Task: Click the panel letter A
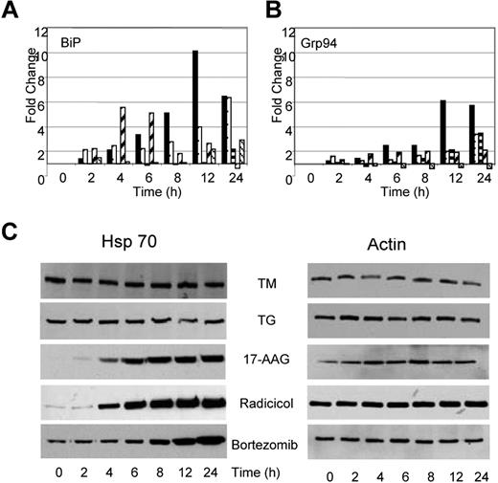click(11, 12)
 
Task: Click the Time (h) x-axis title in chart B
click(386, 192)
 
